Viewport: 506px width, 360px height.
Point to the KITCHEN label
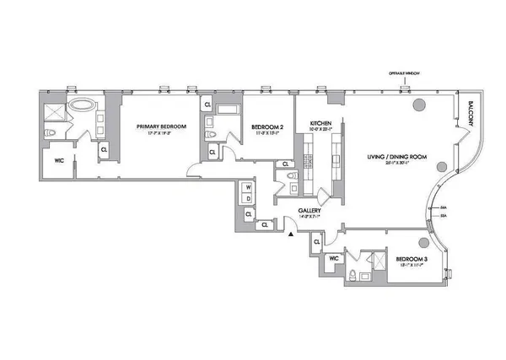click(320, 124)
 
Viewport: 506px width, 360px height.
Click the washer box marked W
click(248, 188)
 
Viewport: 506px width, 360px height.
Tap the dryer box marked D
click(248, 199)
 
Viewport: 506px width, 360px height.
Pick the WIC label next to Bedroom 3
click(334, 258)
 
